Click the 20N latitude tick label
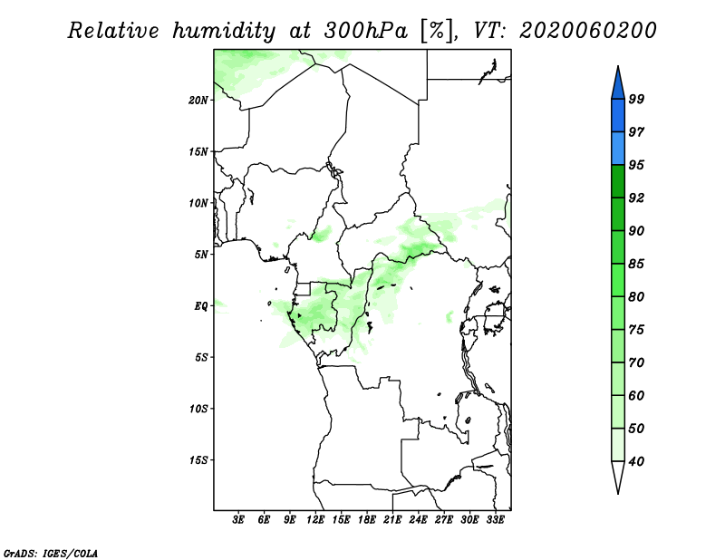click(198, 101)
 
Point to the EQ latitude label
click(200, 306)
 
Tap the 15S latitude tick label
click(198, 460)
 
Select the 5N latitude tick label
click(201, 255)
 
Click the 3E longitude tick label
click(238, 520)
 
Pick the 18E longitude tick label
click(367, 520)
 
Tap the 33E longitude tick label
click(495, 520)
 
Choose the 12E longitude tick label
click(315, 520)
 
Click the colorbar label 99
click(636, 99)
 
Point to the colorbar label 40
click(636, 461)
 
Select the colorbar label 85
click(636, 264)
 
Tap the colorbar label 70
click(636, 362)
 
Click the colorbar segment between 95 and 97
click(618, 149)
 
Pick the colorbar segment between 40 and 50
click(618, 445)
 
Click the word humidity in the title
click(224, 31)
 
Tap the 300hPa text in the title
click(366, 31)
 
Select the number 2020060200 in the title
click(587, 31)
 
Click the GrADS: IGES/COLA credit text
click(51, 553)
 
